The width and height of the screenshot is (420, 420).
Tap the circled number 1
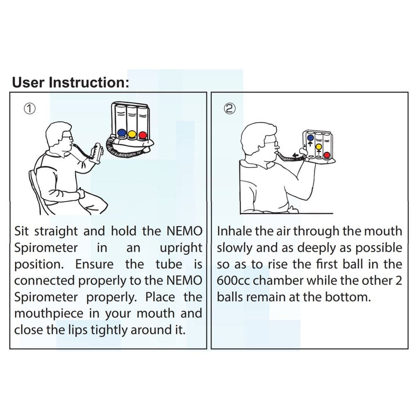click(30, 108)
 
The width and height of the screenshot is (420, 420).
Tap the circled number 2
click(229, 108)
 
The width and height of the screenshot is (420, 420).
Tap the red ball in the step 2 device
click(327, 155)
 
